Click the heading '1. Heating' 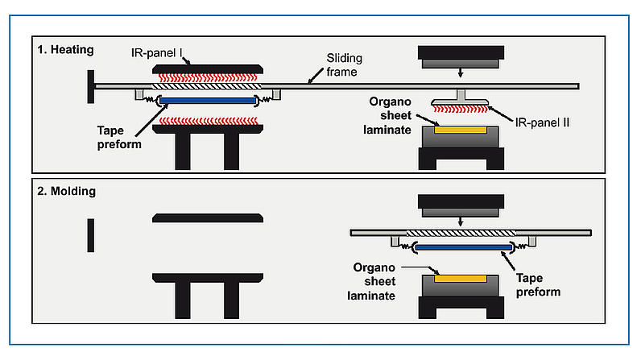pos(65,50)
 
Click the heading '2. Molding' pos(66,191)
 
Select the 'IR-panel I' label pos(159,53)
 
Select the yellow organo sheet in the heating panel pos(459,129)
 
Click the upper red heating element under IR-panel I pos(207,77)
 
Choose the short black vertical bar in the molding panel pos(90,235)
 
